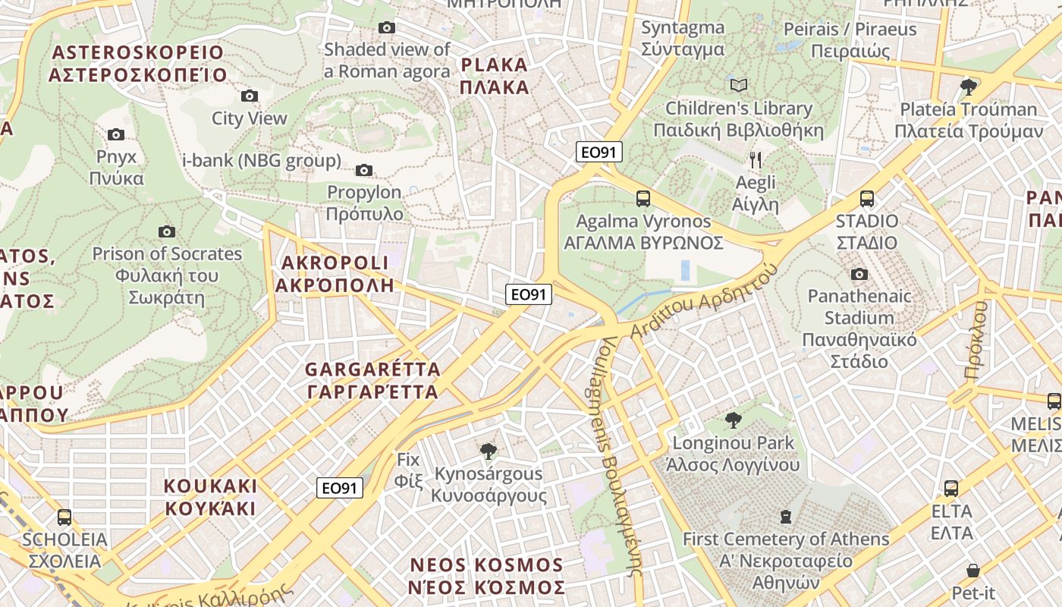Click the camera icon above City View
tap(250, 96)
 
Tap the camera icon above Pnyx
tap(116, 134)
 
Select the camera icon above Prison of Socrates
tap(167, 231)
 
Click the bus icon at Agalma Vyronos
tap(643, 199)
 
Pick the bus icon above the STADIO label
tap(867, 199)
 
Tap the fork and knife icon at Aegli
tap(756, 159)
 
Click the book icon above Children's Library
tap(739, 85)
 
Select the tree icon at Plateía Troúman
tap(968, 86)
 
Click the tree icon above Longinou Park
tap(733, 420)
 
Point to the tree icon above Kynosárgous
tap(489, 451)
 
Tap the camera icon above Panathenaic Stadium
tap(859, 274)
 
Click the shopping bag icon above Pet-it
tap(973, 570)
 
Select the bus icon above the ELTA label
tap(951, 488)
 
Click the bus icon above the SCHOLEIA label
tap(64, 517)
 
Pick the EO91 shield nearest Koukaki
tap(340, 489)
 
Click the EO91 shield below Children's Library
tap(599, 152)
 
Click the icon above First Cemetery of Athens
tap(786, 517)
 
